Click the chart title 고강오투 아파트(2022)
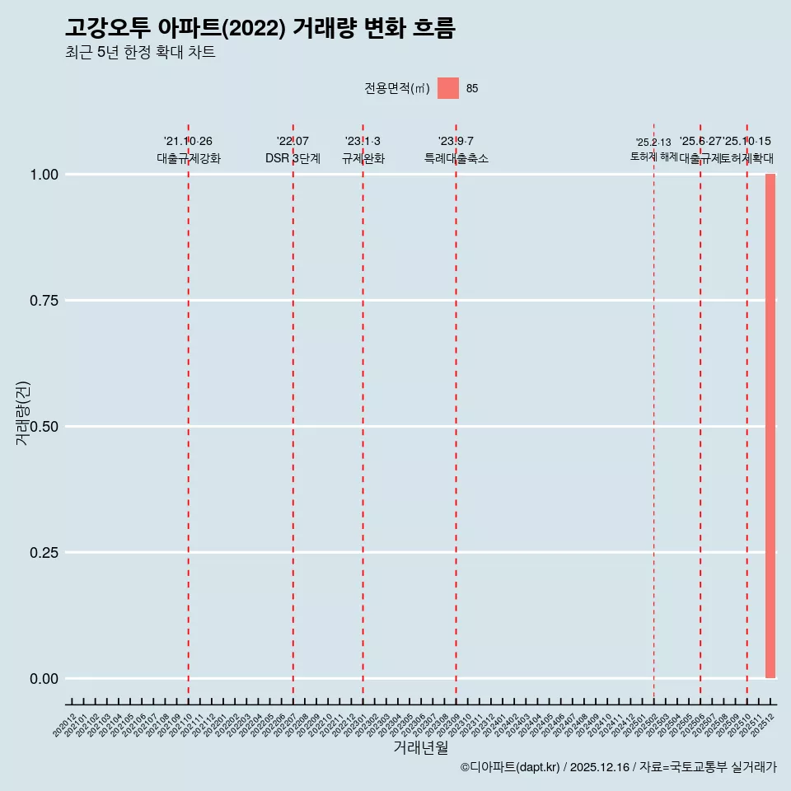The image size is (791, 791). [260, 28]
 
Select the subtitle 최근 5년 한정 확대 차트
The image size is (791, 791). [140, 53]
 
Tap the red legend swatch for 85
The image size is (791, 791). [448, 88]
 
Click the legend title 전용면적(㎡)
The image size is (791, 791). [397, 88]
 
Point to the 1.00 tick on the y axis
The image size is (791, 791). [44, 175]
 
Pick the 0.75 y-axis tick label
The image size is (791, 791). [44, 301]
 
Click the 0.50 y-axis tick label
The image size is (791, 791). [44, 427]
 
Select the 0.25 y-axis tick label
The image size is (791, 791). [44, 553]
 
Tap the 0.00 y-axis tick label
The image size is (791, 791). [44, 679]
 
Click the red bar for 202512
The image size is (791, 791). [770, 426]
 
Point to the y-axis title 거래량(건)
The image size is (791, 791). [23, 414]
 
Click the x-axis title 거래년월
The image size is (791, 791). [421, 747]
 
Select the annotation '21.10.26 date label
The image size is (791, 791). [188, 142]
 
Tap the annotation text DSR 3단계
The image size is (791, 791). [293, 158]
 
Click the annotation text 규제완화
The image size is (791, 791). [363, 158]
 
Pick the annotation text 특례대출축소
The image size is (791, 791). [456, 158]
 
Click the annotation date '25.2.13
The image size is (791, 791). [653, 143]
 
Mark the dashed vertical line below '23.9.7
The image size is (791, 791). [456, 412]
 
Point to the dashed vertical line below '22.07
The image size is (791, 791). [293, 412]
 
